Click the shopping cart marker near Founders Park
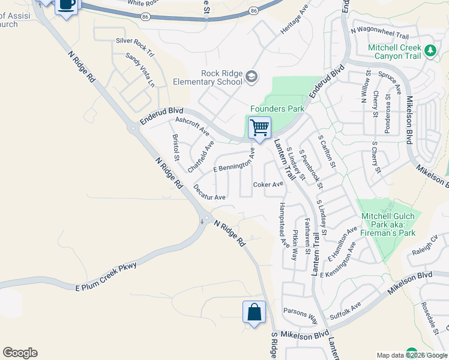coord(259,127)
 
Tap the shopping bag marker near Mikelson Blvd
coord(254,312)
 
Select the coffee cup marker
coord(67,5)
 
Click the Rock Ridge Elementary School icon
coord(251,77)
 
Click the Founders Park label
coord(277,109)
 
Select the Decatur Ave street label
coord(209,192)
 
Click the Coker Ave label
coord(268,184)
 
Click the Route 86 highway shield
coord(254,11)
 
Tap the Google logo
coord(20,353)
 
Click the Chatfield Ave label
coord(201,157)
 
